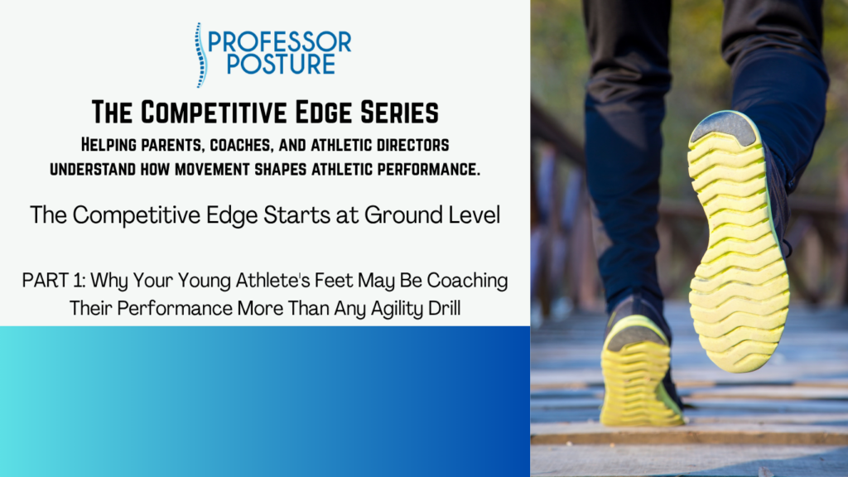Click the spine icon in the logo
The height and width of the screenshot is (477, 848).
click(x=201, y=55)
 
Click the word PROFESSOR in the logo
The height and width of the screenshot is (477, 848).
click(x=280, y=42)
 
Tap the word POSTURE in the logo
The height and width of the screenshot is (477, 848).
click(x=282, y=64)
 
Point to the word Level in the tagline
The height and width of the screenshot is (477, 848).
click(x=475, y=214)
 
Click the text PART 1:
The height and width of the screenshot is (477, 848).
click(x=54, y=281)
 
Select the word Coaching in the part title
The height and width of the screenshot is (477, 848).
click(x=467, y=282)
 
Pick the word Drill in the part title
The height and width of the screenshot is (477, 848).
click(x=445, y=308)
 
